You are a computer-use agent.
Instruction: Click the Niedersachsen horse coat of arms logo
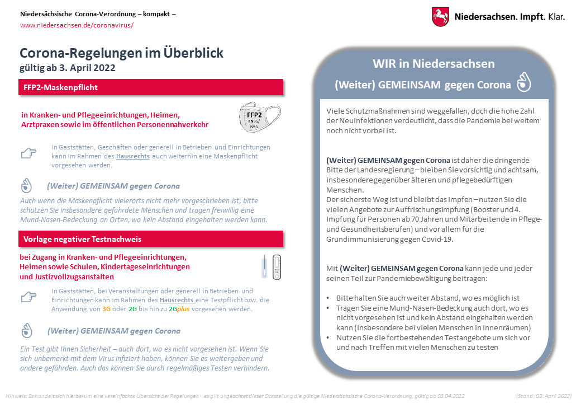(x=440, y=16)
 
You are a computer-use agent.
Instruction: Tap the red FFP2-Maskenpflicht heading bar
(x=151, y=87)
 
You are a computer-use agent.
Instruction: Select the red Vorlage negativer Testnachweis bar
(x=151, y=239)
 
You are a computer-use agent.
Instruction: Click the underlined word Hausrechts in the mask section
(x=133, y=156)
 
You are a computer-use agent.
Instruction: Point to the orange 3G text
(x=107, y=308)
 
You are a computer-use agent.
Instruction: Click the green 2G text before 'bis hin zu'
(x=132, y=308)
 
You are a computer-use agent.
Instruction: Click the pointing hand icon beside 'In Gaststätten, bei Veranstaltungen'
(x=28, y=297)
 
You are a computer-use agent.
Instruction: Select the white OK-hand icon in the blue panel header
(x=523, y=83)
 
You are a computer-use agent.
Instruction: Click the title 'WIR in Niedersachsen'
(x=434, y=63)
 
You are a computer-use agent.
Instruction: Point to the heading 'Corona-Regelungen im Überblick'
(x=121, y=53)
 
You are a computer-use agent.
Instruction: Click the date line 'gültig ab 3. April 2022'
(x=67, y=68)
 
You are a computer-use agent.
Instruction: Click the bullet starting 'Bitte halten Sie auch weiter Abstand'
(x=427, y=298)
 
